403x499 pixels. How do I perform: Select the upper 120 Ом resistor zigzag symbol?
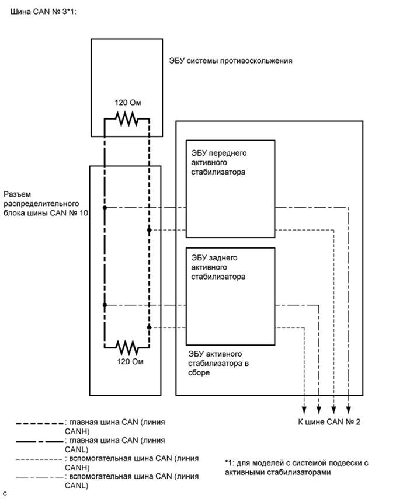click(127, 119)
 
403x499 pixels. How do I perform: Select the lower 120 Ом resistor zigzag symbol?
click(127, 347)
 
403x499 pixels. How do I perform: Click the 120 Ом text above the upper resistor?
click(127, 103)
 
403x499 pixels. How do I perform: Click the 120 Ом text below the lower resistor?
click(127, 362)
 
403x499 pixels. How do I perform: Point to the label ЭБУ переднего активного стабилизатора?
click(219, 162)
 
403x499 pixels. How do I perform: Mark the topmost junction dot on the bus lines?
click(105, 208)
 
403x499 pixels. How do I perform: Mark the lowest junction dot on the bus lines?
click(150, 327)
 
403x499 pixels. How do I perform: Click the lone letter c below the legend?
click(5, 493)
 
